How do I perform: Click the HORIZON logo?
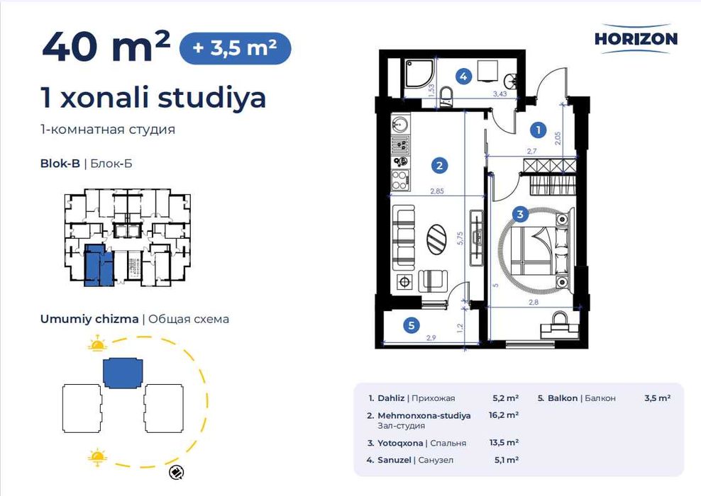point(636,39)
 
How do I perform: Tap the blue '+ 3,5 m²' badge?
point(235,48)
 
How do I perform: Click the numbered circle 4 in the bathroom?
point(463,76)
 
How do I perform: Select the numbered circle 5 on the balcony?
point(412,325)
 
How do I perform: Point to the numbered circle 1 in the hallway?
point(539,130)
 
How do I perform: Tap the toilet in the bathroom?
point(446,97)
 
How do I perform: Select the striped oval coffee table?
point(436,239)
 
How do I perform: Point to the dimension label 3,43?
point(499,94)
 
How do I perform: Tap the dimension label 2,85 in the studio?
point(437,191)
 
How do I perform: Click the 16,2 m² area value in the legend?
point(504,415)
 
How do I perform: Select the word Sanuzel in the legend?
point(394,460)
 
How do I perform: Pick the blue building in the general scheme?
point(123,373)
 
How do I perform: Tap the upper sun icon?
point(97,344)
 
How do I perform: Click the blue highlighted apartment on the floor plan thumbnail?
point(99,265)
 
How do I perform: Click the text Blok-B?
point(60,164)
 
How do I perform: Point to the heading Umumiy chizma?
point(89,319)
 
